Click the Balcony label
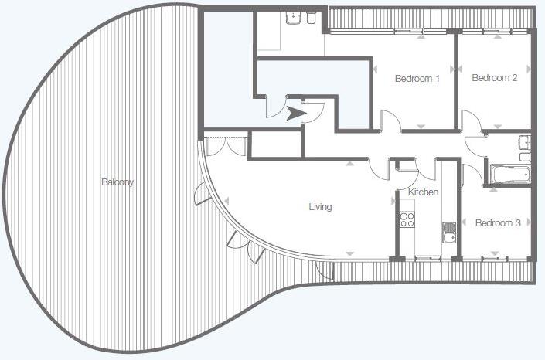coord(118,183)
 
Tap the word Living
coord(320,207)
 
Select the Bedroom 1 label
coord(417,78)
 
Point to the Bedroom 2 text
coord(494,78)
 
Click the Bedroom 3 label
coord(497,223)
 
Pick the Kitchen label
coord(423,192)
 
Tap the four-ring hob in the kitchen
coord(407,219)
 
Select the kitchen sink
coord(449,229)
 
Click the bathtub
coord(510,173)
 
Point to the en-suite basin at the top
coord(294,19)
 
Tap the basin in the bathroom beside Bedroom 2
coord(526,141)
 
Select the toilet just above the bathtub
coord(525,158)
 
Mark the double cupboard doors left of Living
coord(224,147)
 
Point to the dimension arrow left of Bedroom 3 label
coord(464,222)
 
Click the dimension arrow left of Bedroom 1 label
coord(376,69)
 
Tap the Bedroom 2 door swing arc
coord(471,121)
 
